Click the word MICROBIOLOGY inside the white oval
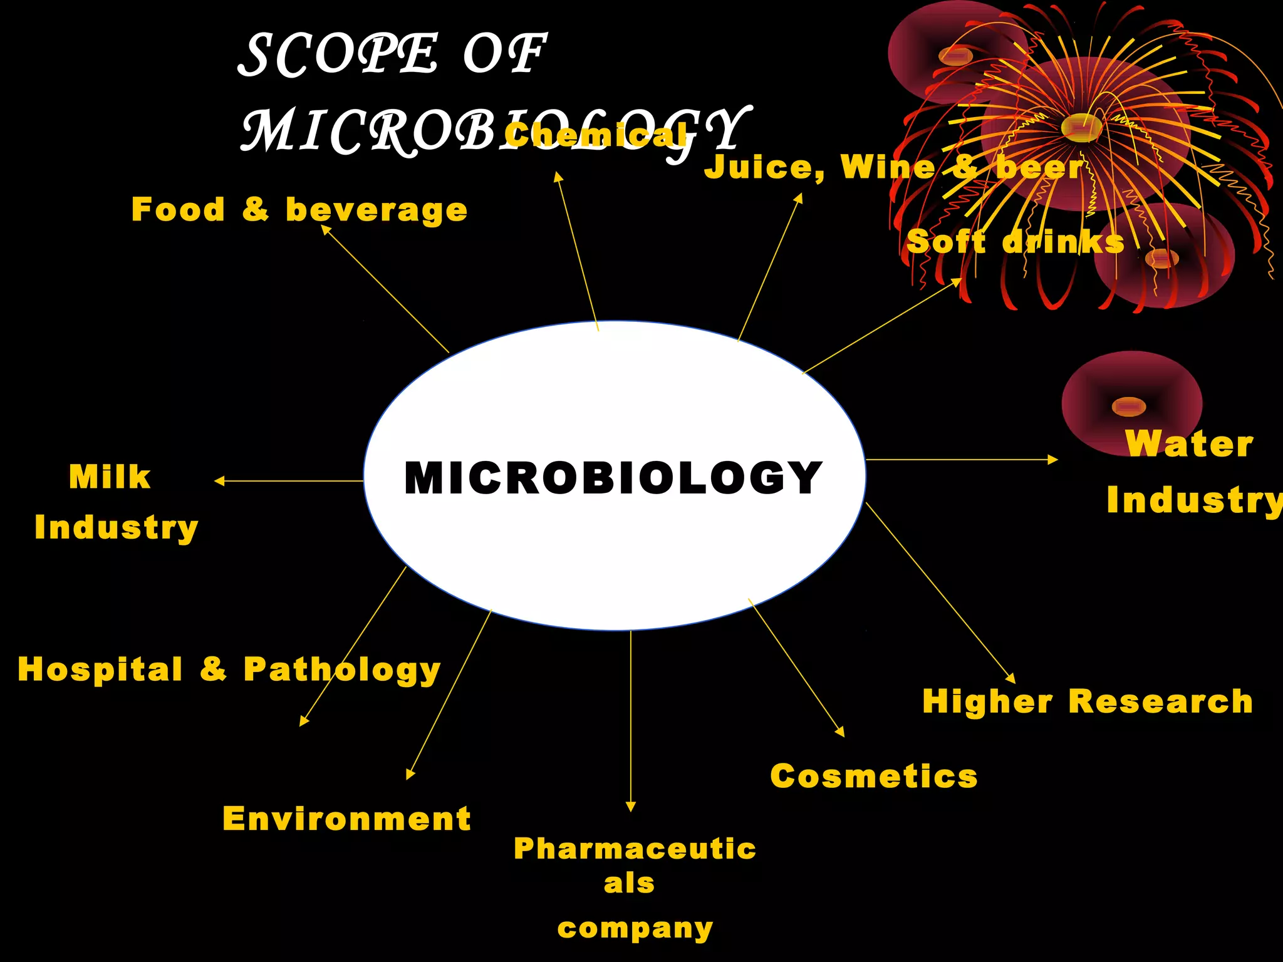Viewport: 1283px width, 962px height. pos(613,478)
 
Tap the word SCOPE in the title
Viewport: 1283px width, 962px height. pos(338,55)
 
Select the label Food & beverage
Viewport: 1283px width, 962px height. pos(299,210)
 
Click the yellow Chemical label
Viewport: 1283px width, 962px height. pos(595,135)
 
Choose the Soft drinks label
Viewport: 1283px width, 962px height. pos(1015,242)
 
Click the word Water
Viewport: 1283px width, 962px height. pos(1189,443)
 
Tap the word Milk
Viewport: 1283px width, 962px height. pos(110,477)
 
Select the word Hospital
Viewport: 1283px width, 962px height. pos(100,669)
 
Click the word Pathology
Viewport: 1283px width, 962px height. pos(342,670)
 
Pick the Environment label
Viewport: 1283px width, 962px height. pos(346,819)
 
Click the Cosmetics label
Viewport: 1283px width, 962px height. pos(873,777)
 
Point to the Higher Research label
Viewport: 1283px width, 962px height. pos(1088,701)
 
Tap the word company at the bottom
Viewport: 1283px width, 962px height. pos(635,928)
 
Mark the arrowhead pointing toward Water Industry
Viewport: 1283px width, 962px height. pos(1053,460)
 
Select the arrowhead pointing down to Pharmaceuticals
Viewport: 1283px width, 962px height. pos(631,807)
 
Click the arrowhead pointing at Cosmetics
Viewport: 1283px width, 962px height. pos(840,732)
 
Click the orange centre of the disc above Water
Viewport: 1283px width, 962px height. pos(1128,406)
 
